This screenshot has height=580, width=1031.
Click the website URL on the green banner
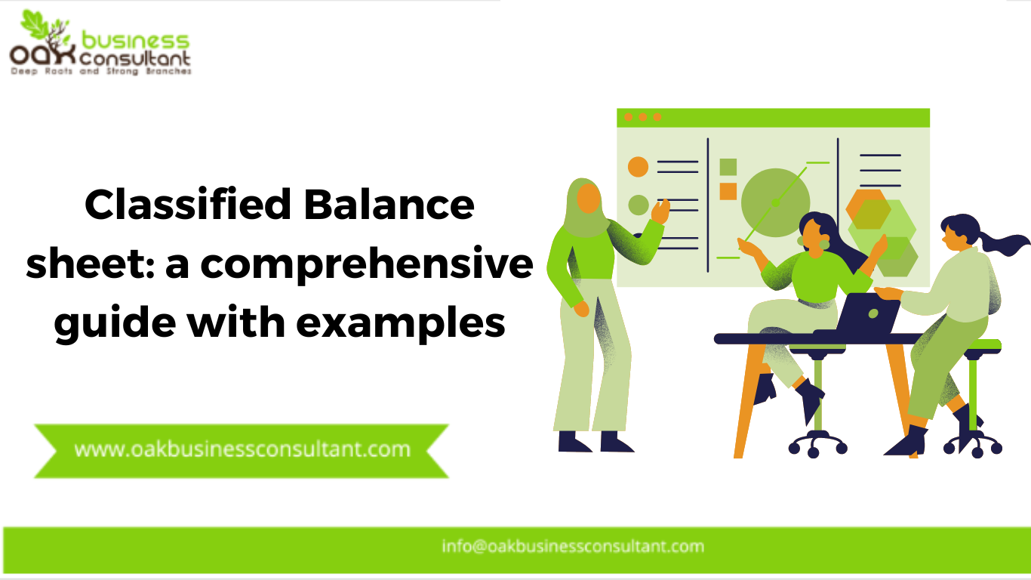(242, 449)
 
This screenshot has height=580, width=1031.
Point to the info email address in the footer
(573, 546)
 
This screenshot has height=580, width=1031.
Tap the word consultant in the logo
(139, 57)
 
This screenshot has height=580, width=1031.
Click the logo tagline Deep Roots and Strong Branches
(100, 72)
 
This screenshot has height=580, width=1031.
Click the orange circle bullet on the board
(639, 167)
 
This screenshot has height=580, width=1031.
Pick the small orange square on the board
(728, 191)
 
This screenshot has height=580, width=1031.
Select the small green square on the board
(728, 167)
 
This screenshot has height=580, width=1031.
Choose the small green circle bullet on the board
(639, 205)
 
